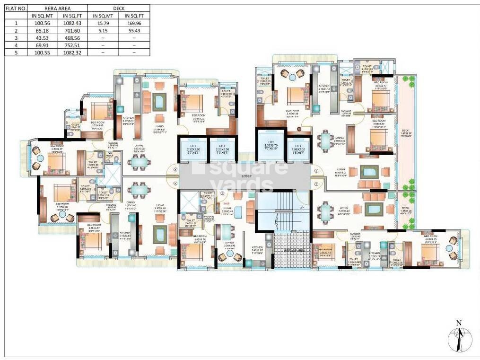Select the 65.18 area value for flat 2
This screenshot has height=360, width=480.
(x=41, y=30)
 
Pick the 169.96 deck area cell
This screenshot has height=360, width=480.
(x=134, y=23)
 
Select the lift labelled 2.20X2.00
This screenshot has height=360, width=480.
(x=222, y=149)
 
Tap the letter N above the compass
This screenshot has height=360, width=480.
(x=459, y=323)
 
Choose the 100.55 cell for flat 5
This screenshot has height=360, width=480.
(x=41, y=53)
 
